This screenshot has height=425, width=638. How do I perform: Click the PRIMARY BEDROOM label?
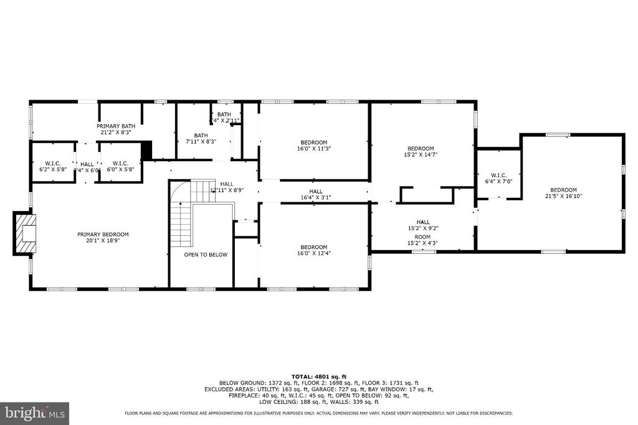103,235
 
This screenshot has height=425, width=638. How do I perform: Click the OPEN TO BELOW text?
206,255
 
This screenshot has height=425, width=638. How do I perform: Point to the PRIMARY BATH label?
115,126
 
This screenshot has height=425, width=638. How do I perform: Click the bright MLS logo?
34,413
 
